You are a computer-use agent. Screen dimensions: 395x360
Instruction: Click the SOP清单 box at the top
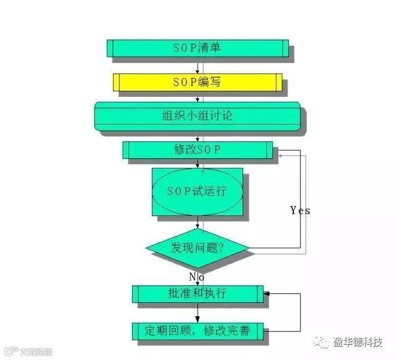(197, 48)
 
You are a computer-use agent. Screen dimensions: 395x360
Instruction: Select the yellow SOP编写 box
(197, 82)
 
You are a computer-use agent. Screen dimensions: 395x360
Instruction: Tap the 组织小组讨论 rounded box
(197, 116)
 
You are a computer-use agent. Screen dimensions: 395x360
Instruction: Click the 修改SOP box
(197, 150)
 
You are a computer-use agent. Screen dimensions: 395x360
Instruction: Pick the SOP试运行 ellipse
(197, 191)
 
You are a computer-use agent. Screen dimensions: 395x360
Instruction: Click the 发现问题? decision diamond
(197, 249)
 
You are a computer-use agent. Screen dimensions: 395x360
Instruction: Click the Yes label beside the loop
(300, 211)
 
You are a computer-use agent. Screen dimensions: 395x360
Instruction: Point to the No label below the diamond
(196, 277)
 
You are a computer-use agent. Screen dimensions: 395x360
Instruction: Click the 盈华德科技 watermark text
(359, 342)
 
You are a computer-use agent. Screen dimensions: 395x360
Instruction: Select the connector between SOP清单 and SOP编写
(197, 65)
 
